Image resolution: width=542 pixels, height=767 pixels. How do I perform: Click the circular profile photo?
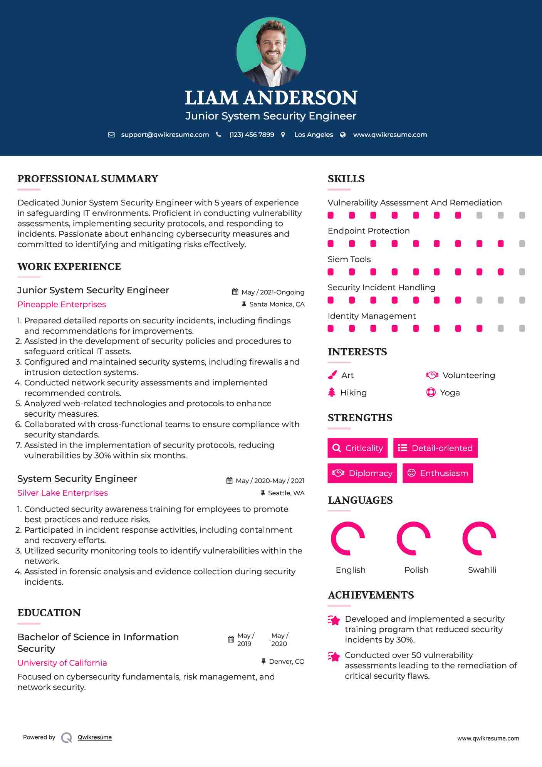[x=271, y=52]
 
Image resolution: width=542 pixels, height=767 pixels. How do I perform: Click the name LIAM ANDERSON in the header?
[x=271, y=98]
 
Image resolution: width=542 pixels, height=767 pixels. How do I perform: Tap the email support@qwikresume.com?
[x=165, y=135]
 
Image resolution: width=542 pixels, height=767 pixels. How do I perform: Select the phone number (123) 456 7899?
[x=252, y=135]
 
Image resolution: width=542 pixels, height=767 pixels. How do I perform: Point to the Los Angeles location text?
[x=314, y=135]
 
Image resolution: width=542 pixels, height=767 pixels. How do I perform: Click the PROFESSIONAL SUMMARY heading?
[x=88, y=179]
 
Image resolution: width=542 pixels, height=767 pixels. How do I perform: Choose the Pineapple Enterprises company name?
[x=62, y=304]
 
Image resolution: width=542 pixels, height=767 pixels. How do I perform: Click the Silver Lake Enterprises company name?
[x=62, y=493]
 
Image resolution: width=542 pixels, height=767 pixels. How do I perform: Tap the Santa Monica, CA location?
[x=277, y=304]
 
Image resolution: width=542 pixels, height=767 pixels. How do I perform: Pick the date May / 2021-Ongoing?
[x=273, y=292]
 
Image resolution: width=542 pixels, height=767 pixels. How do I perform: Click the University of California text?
[x=62, y=663]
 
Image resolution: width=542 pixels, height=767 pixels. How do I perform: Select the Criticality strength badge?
[x=357, y=448]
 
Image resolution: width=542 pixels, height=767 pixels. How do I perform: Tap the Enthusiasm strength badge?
[x=438, y=473]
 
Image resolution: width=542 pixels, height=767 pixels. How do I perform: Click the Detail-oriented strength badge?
[x=435, y=448]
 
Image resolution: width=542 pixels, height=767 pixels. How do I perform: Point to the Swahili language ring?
[x=479, y=538]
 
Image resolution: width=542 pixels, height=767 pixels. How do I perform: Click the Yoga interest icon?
[x=431, y=392]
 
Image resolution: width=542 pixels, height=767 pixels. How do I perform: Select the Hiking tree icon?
[x=332, y=392]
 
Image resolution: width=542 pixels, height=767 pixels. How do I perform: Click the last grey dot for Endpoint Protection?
[x=522, y=244]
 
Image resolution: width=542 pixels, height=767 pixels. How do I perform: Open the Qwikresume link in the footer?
[x=95, y=737]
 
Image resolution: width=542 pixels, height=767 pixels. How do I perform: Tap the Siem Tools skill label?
[x=349, y=259]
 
